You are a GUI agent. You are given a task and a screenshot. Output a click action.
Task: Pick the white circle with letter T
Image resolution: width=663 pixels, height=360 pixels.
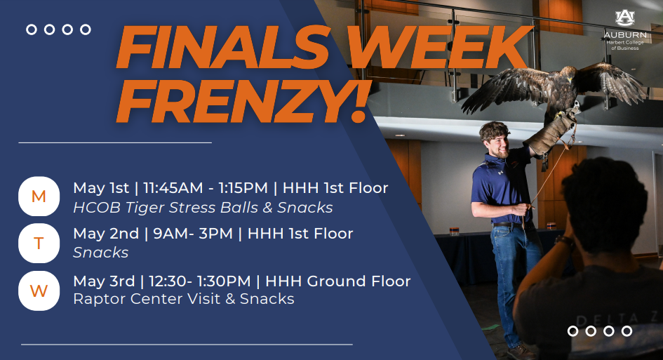pos(39,243)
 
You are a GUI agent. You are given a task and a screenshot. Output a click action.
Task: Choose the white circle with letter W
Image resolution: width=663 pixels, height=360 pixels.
pos(39,290)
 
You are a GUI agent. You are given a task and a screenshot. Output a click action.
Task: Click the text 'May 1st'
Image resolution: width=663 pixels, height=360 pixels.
pos(101,188)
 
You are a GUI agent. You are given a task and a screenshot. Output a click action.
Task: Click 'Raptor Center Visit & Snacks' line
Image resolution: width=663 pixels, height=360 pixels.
pos(183,299)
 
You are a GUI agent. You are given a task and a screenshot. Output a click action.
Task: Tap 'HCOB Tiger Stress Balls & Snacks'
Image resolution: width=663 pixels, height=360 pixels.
pos(203,208)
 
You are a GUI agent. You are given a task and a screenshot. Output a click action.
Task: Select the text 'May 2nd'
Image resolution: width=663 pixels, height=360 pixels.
pos(104,234)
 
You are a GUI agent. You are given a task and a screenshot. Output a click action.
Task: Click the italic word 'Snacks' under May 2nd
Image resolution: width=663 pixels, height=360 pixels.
pos(100,253)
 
